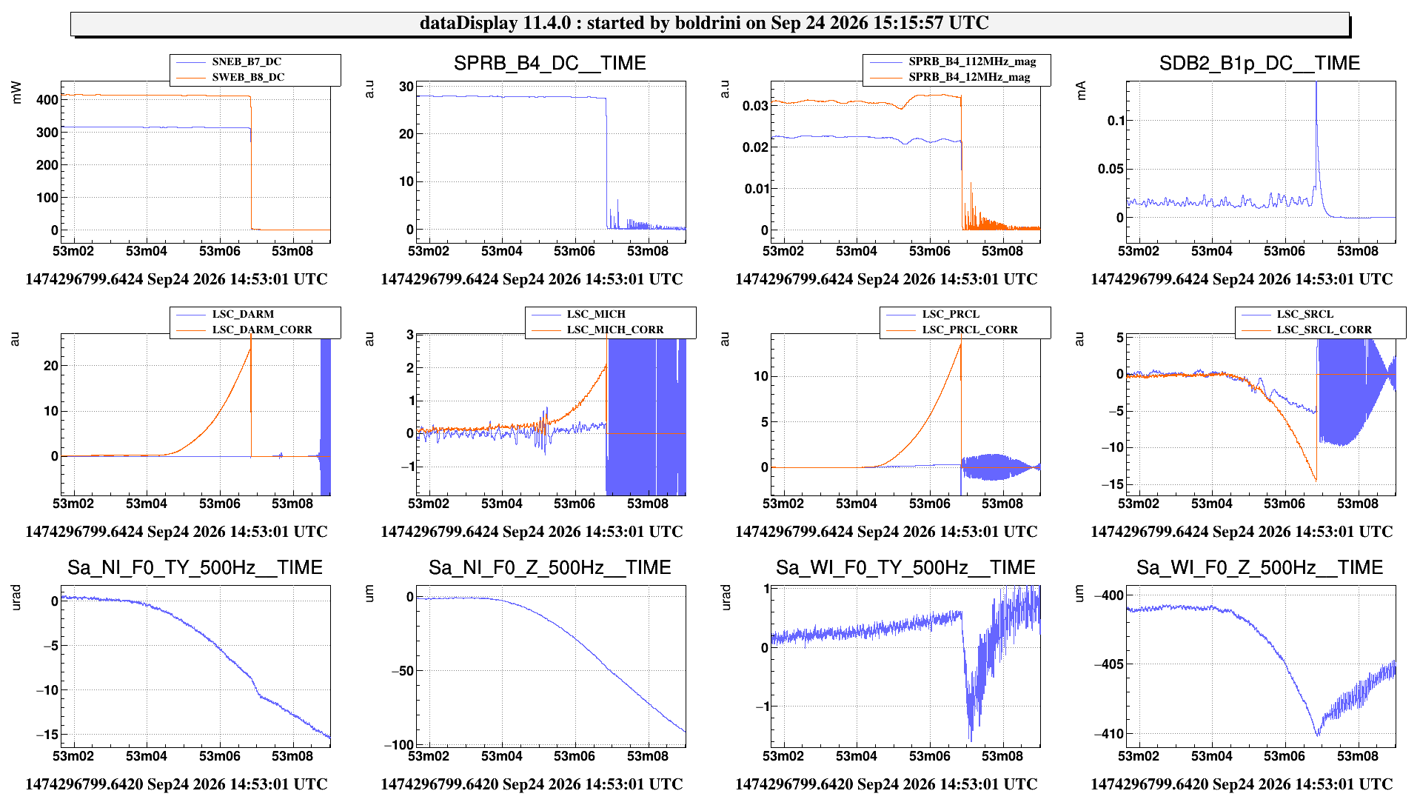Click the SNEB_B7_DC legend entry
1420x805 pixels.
247,62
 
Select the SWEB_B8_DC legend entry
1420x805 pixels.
248,77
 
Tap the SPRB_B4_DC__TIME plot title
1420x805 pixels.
550,64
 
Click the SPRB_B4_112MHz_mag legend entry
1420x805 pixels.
972,61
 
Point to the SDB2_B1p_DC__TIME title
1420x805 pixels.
1259,64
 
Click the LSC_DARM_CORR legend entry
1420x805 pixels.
262,330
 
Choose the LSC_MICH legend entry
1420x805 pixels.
596,314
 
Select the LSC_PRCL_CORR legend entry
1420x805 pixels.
970,330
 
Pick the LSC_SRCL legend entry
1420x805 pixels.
1305,314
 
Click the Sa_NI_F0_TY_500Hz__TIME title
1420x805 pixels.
195,568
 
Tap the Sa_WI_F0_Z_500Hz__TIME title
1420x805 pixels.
1259,568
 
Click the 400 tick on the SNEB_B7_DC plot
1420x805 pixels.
47,100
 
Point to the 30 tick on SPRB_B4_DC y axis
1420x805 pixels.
406,87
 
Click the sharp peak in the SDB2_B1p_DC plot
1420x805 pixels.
1316,84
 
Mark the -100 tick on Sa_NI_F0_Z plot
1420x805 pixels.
399,745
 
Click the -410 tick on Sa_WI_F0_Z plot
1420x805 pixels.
1109,734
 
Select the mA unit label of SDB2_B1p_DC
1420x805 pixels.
1081,90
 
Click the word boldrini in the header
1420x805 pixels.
707,23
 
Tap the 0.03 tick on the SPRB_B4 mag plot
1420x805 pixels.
755,106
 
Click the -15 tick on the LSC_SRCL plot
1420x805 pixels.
1112,484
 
